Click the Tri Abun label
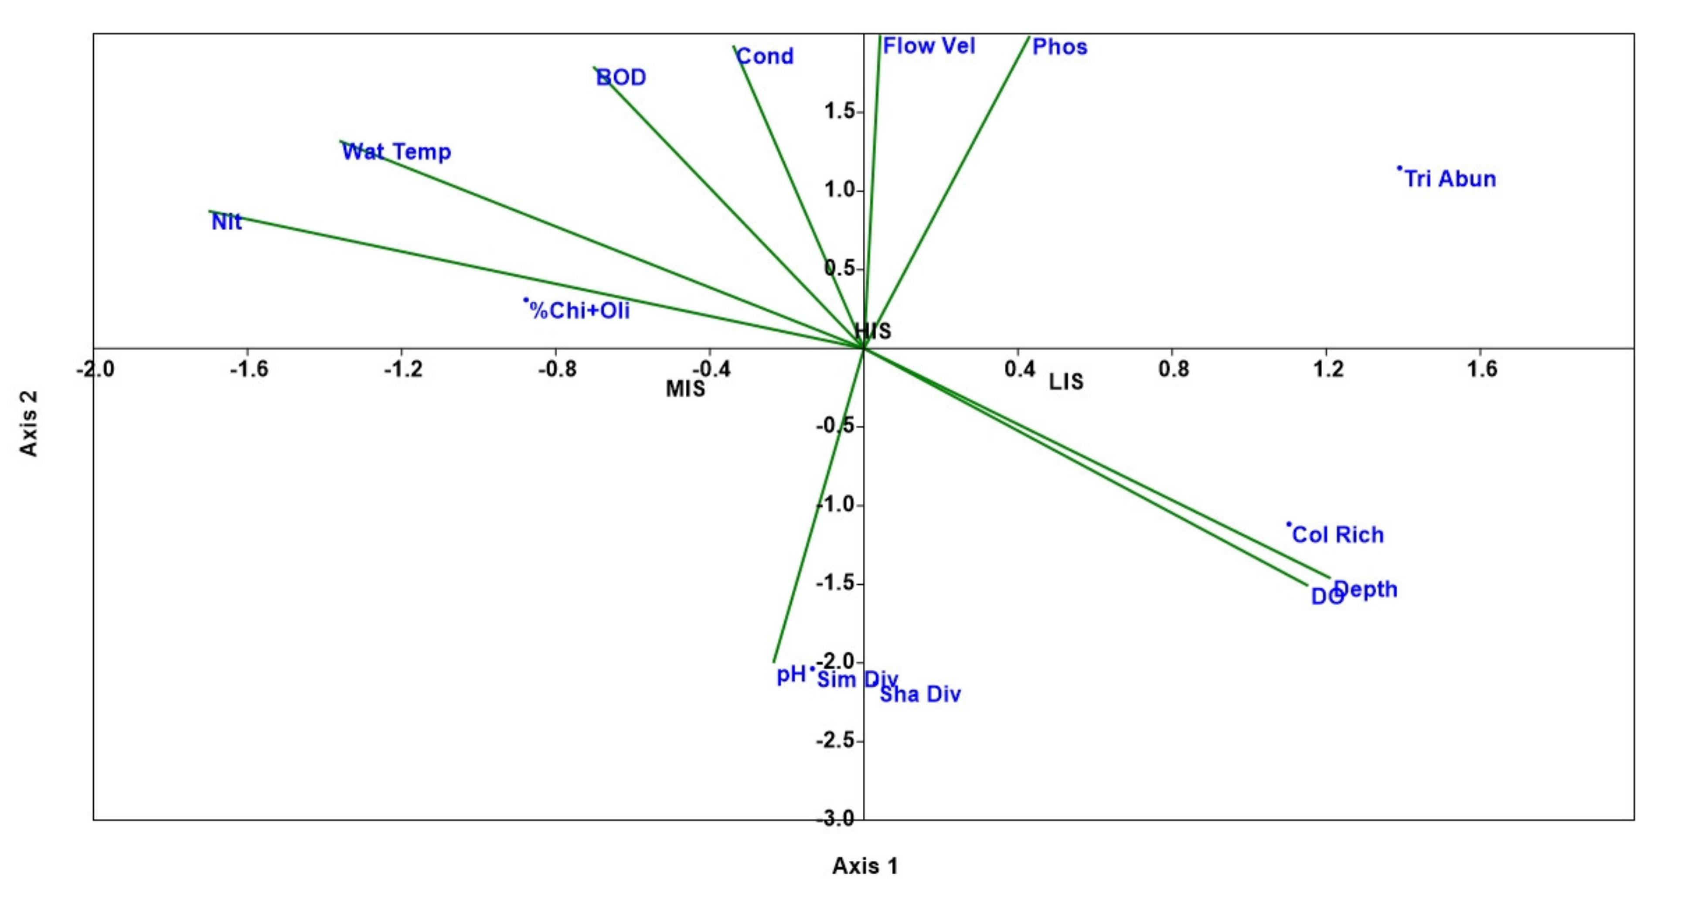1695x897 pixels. point(1450,179)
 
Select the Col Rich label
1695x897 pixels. point(1338,534)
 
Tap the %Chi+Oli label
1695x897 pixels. point(580,310)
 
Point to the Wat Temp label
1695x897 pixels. point(396,152)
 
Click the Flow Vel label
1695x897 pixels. point(929,46)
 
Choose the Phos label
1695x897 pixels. point(1059,47)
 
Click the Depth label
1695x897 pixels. point(1365,589)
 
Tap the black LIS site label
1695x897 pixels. point(1065,382)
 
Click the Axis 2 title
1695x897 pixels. point(29,423)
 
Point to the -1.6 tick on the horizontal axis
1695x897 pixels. point(249,369)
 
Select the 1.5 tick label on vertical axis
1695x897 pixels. point(840,112)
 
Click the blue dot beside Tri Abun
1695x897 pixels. point(1399,168)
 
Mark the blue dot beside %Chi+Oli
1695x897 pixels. point(526,300)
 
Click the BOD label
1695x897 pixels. point(621,78)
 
